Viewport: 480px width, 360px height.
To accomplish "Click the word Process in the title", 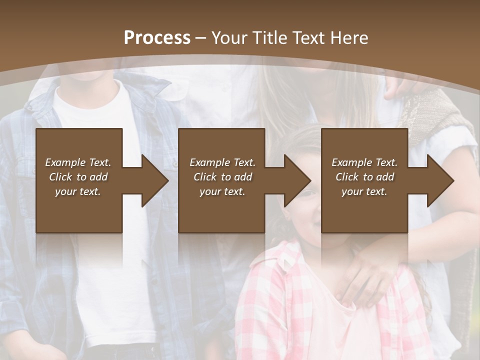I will [157, 38].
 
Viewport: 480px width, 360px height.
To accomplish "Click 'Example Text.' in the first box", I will [78, 162].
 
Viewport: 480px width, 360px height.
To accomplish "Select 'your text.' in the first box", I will [78, 191].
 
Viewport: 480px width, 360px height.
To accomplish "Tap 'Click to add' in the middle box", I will [222, 177].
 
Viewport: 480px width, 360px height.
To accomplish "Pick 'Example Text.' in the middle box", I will [222, 162].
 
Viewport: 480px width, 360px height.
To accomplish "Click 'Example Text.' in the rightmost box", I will [364, 162].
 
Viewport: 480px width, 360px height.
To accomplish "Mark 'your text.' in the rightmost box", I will [364, 191].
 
